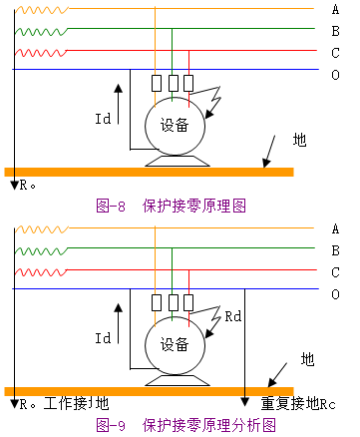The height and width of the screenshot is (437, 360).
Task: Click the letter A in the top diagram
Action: coord(336,10)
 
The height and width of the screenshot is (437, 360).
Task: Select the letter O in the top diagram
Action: coord(336,73)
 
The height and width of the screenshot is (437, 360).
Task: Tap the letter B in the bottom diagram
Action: coord(336,249)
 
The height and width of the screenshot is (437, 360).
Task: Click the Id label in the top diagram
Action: coord(103,120)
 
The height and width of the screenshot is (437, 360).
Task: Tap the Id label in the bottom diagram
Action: coord(103,339)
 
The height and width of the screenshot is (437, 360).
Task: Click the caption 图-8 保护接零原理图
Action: coord(171,205)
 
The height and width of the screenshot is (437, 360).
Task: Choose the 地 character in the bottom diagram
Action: coord(307,357)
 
